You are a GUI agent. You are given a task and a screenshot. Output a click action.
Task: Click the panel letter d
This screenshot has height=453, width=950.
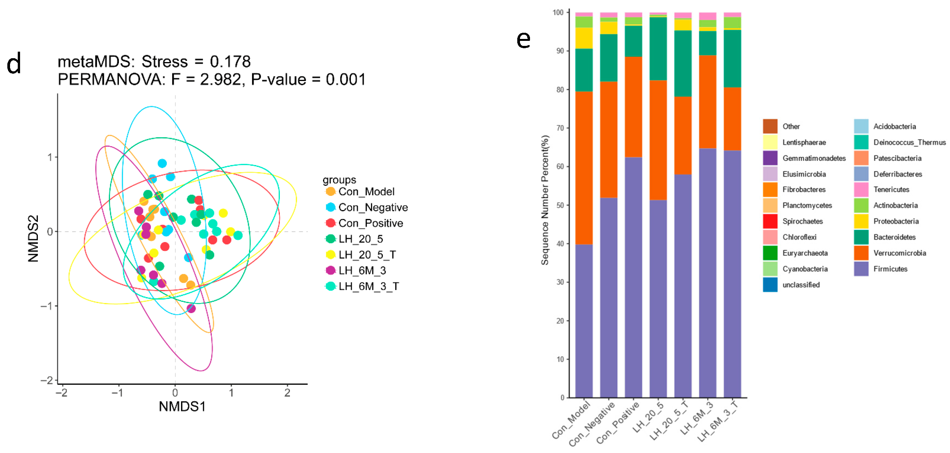[x=14, y=64]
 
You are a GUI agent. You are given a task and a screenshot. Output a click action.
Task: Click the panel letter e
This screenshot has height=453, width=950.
[x=523, y=40]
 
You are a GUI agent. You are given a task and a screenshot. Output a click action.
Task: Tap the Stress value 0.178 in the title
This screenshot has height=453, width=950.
[x=230, y=62]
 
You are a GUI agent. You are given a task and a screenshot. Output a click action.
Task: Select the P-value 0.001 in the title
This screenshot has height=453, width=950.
[x=345, y=80]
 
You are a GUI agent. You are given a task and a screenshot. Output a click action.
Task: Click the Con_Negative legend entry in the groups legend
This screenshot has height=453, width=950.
[x=373, y=207]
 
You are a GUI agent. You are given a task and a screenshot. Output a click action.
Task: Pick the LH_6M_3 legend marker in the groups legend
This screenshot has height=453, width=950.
[x=330, y=270]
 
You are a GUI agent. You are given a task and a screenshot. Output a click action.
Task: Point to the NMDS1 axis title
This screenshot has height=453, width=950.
[x=182, y=406]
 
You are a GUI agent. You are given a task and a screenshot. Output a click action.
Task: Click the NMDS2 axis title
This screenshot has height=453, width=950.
[x=34, y=238]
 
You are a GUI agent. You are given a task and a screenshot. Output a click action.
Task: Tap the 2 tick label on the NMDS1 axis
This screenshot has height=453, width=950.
[x=287, y=393]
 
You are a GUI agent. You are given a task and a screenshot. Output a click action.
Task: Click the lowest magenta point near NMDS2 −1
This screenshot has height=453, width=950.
[x=191, y=308]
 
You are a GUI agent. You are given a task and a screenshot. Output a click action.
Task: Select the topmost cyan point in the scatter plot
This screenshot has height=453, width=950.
[x=162, y=163]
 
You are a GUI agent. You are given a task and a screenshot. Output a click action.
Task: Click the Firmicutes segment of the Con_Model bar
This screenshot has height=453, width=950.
[x=584, y=320]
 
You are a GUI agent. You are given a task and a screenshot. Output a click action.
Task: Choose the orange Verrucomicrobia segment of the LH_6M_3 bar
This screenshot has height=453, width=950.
[x=707, y=102]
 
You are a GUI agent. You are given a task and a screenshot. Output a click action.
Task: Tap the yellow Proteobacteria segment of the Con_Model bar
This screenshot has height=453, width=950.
[x=584, y=38]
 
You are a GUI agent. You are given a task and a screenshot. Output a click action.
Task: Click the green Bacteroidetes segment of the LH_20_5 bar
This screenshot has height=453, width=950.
[x=658, y=49]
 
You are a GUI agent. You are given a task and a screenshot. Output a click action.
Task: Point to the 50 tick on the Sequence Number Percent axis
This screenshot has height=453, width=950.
[x=560, y=205]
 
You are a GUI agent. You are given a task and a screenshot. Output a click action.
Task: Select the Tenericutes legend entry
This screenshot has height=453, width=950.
[x=891, y=189]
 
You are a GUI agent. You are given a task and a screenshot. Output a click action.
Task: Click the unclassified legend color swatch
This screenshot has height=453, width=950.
[x=770, y=285]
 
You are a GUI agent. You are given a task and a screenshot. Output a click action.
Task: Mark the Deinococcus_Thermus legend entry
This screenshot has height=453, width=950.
[x=909, y=142]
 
